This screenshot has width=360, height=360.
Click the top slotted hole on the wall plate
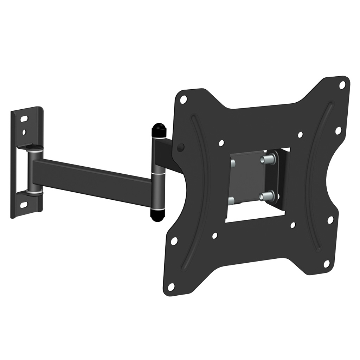(24, 119)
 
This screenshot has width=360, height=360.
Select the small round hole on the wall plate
(24, 132)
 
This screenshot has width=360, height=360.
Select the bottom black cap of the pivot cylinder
(156, 215)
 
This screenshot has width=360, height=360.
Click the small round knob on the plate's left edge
(180, 147)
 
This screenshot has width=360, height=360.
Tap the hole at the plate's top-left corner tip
(183, 99)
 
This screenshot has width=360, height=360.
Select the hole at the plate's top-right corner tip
(342, 85)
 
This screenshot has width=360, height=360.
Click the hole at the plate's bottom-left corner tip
(171, 287)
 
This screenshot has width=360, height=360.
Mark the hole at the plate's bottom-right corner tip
(327, 263)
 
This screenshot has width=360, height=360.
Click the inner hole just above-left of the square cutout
(221, 143)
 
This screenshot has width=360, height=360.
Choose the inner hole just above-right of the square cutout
(300, 135)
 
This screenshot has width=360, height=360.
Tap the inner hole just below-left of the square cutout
(214, 236)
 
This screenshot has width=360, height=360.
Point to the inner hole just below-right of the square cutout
(292, 225)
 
